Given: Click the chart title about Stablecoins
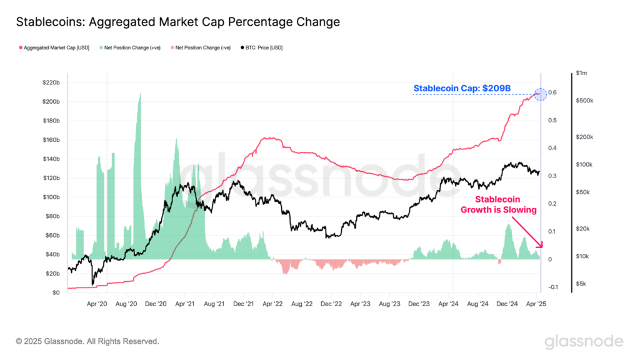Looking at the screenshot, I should click(177, 22).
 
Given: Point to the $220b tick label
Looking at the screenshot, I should click(51, 82).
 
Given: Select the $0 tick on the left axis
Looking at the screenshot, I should click(55, 292).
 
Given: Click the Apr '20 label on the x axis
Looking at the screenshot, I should click(96, 304).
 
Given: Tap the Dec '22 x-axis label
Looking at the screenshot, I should click(331, 304).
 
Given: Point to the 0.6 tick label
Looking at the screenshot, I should click(552, 93).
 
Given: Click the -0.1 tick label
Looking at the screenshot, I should click(553, 287).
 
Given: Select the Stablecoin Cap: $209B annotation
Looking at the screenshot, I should click(462, 89).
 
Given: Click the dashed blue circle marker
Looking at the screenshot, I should click(541, 94).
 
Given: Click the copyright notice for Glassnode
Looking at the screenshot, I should click(87, 341).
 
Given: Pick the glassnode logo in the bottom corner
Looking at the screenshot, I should click(584, 341).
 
